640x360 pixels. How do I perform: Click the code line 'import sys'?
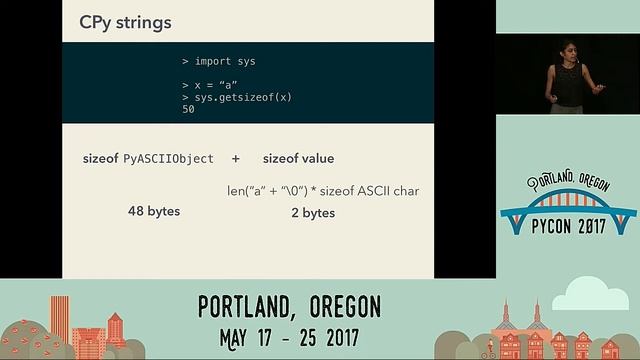point(219,61)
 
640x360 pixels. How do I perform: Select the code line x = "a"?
point(212,86)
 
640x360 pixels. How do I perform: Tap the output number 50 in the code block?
point(188,109)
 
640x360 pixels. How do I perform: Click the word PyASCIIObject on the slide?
point(168,159)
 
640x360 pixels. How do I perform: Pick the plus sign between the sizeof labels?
point(236,159)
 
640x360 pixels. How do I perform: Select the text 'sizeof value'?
point(298,159)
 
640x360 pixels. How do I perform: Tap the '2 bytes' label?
point(314,212)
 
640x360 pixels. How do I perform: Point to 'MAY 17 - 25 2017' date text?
point(290,334)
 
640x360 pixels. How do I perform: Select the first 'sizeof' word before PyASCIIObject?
point(101,159)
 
